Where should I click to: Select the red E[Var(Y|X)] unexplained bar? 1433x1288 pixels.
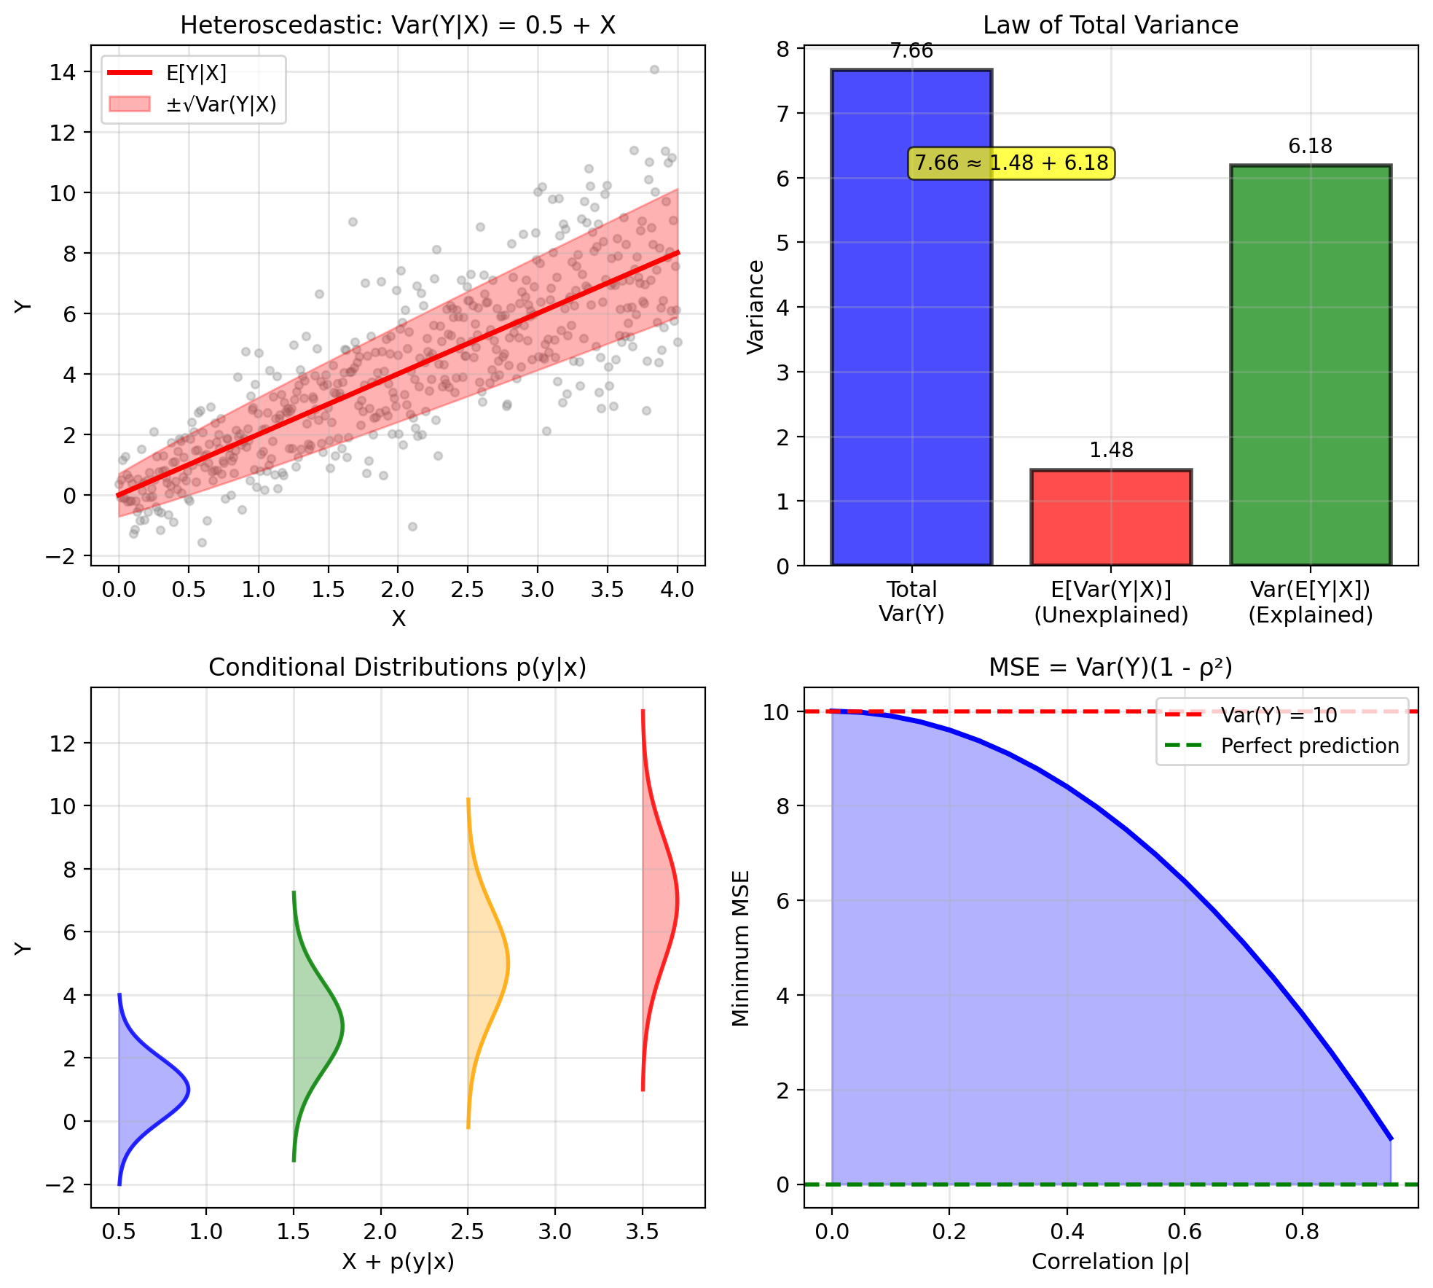(1111, 518)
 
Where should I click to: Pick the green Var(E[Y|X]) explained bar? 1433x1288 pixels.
(1310, 364)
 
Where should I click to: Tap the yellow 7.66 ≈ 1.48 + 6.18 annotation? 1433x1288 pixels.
(1011, 163)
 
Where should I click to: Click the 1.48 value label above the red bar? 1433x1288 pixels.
(1111, 450)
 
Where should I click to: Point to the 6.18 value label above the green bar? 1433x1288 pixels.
(1310, 147)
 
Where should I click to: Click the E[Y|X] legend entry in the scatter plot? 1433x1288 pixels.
(196, 73)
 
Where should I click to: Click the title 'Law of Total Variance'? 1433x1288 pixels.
(1110, 26)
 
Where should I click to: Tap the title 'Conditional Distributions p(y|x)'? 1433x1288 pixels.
(397, 668)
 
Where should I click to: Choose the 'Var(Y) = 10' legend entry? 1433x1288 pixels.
(1279, 715)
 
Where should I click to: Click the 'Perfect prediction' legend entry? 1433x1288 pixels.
(1310, 746)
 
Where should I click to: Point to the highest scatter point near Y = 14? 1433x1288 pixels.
(654, 70)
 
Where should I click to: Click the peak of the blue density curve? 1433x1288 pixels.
(189, 1090)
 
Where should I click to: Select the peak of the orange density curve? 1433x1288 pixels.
(508, 964)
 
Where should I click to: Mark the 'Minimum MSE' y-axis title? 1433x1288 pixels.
(741, 948)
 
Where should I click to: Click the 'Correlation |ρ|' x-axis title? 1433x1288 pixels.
(1110, 1262)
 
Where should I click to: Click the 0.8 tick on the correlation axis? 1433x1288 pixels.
(1302, 1232)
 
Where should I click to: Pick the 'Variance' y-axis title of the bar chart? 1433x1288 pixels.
(756, 307)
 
